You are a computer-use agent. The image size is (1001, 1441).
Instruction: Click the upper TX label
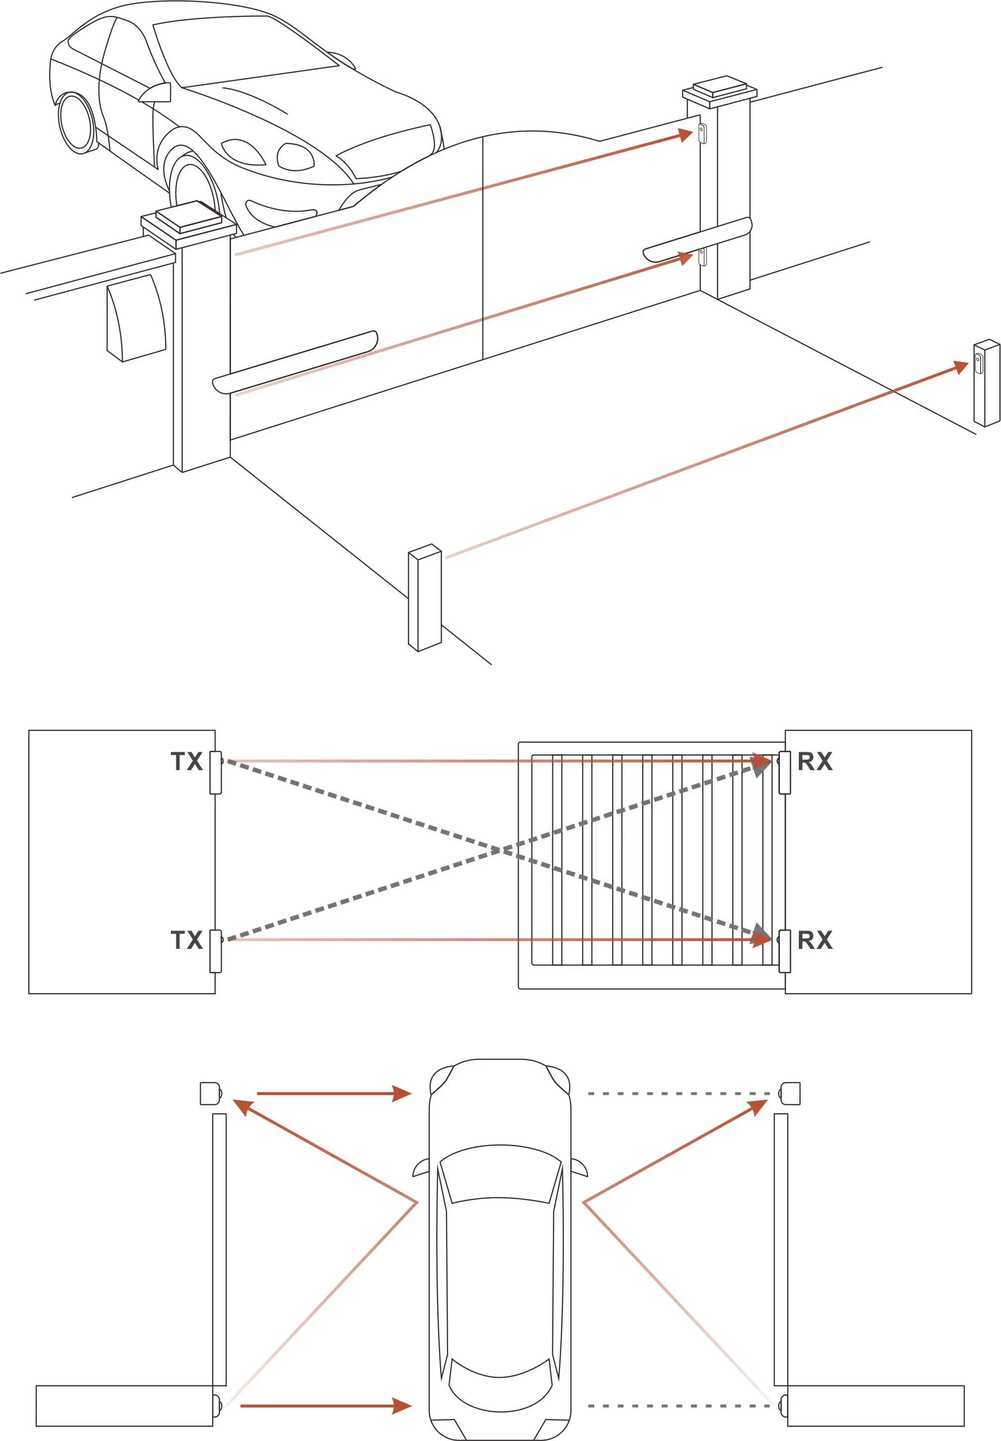click(x=186, y=762)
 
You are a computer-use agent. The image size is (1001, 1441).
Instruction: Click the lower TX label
click(x=186, y=940)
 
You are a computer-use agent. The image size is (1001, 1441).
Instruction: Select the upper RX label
click(x=815, y=762)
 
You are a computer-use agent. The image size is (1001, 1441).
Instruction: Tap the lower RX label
click(x=815, y=940)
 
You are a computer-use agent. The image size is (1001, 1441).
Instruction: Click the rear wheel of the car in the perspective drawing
click(x=77, y=122)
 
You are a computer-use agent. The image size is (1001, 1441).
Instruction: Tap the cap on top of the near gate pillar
click(x=188, y=219)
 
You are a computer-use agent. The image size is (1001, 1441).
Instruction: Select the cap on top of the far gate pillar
click(x=720, y=88)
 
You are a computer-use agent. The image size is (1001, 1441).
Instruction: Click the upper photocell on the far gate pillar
click(x=702, y=133)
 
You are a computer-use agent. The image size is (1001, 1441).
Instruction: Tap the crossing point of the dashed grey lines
click(x=502, y=851)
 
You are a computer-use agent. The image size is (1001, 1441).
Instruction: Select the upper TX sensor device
click(x=216, y=772)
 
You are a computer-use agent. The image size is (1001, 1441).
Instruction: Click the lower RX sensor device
click(x=784, y=951)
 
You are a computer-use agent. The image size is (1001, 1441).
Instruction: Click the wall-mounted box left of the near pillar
click(x=136, y=318)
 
